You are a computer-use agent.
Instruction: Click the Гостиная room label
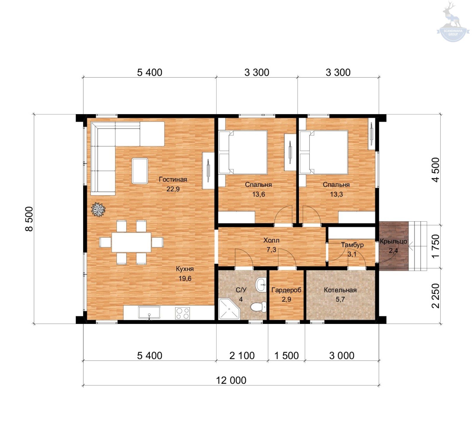173,179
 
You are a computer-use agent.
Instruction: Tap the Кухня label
185,269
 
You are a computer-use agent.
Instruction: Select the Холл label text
271,240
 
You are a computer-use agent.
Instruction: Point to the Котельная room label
340,290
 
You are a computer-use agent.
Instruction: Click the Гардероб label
286,290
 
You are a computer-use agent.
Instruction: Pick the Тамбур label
352,245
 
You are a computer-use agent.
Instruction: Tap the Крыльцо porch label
393,241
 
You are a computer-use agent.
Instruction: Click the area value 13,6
259,194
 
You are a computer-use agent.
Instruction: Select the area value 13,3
337,194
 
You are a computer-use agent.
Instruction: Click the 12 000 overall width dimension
231,380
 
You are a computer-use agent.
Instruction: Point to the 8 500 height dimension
29,219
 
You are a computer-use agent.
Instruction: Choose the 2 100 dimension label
242,355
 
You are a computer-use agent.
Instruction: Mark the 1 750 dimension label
435,246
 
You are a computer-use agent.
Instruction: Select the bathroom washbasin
261,285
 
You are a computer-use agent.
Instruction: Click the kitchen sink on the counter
149,313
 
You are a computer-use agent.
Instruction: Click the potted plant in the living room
98,209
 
